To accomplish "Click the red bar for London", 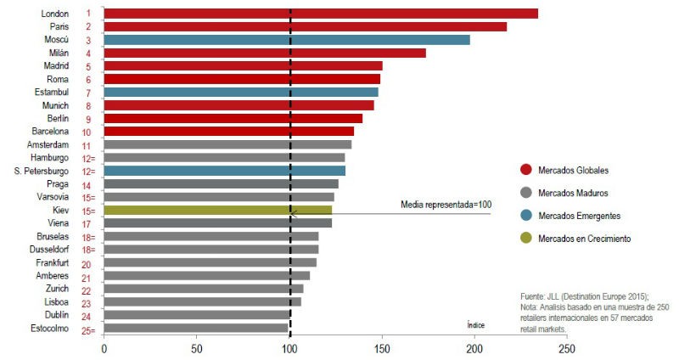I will point(321,14).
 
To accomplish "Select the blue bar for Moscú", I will point(287,40).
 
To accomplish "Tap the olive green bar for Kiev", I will point(218,210).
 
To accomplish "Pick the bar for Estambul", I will point(241,92).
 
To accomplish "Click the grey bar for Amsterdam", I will point(227,144).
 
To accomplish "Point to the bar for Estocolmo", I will point(196,328).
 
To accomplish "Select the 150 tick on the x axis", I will point(382,348).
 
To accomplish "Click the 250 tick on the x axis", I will point(567,348).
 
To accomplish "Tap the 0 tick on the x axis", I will point(104,348).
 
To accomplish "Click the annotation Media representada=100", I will point(445,205).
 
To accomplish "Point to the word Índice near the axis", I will point(475,324).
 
